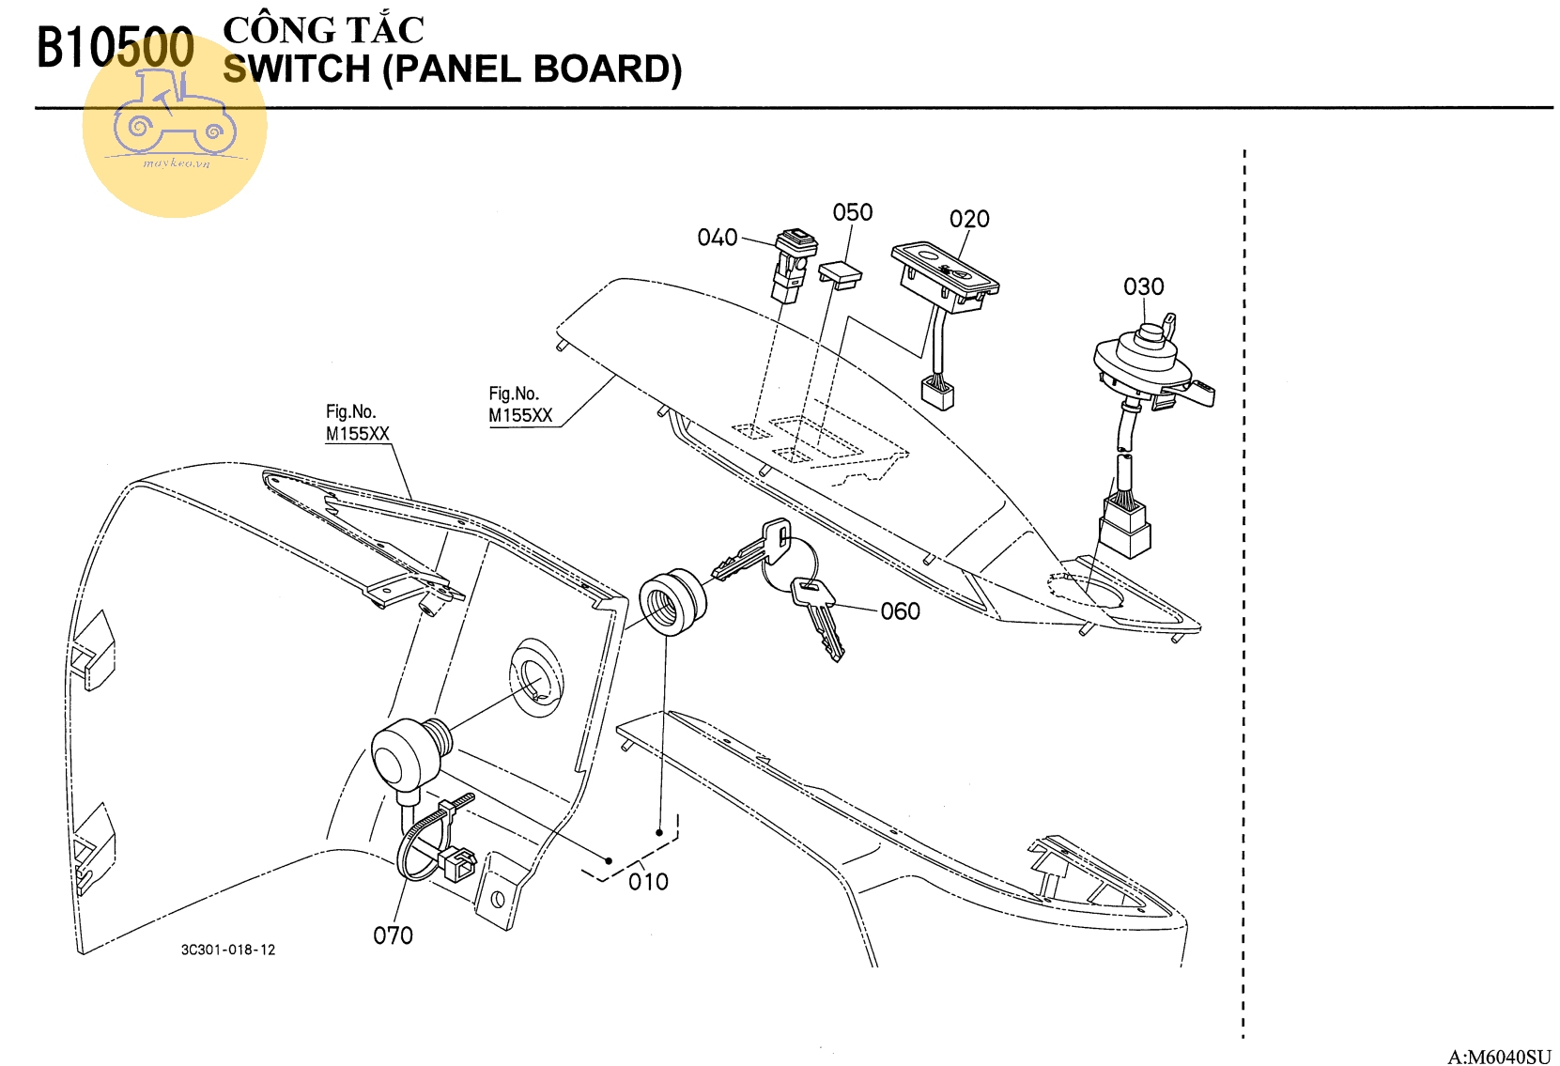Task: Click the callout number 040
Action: click(717, 238)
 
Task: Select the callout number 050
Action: click(852, 213)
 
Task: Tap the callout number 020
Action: click(968, 220)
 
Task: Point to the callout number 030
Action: click(1143, 286)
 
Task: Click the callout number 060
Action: click(900, 611)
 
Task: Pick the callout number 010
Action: click(648, 882)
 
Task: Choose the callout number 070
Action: click(393, 935)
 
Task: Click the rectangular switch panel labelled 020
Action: click(944, 271)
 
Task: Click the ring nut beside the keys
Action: click(671, 601)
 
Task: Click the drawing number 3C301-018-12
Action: click(228, 950)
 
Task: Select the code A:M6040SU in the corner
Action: click(1499, 1057)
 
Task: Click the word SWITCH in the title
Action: click(297, 70)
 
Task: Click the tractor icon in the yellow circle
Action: click(175, 117)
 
